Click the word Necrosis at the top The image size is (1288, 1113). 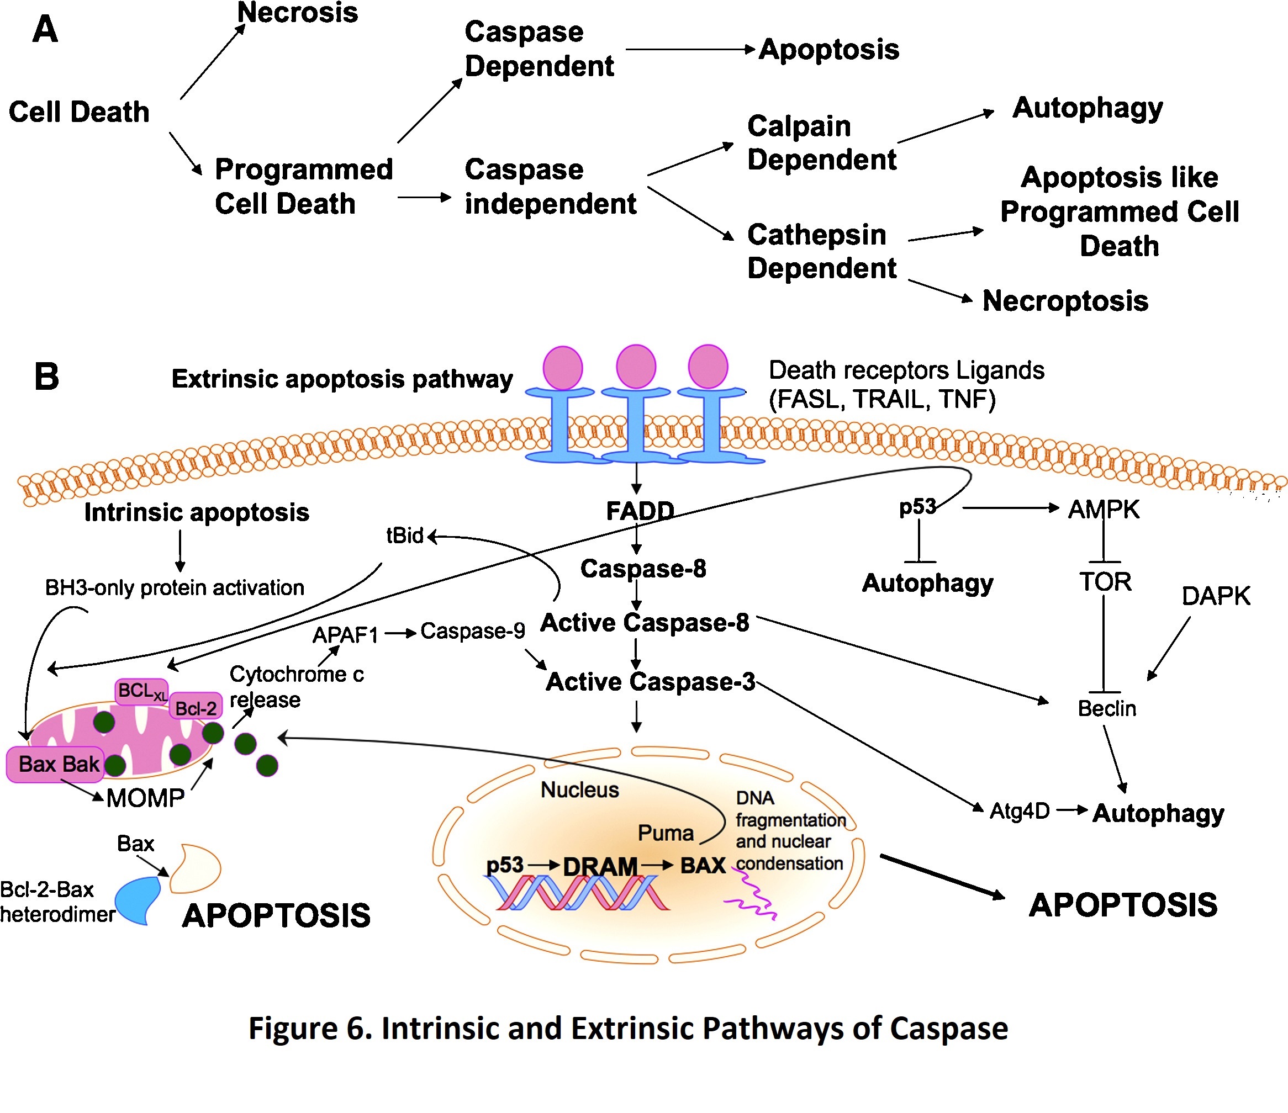297,13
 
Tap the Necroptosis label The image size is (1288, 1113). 1065,301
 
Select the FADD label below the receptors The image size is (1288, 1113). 640,511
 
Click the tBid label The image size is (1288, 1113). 405,535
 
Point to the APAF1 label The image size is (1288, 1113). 345,635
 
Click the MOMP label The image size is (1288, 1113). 145,798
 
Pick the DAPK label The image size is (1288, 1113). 1215,596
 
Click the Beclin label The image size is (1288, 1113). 1106,708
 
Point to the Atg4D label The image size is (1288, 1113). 1020,811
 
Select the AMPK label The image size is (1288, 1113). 1104,510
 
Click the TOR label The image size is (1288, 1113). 1105,582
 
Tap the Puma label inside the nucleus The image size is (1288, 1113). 665,833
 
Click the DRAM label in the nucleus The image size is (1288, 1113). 600,866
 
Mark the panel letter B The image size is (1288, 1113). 46,377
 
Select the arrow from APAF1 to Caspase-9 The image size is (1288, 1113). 400,634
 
